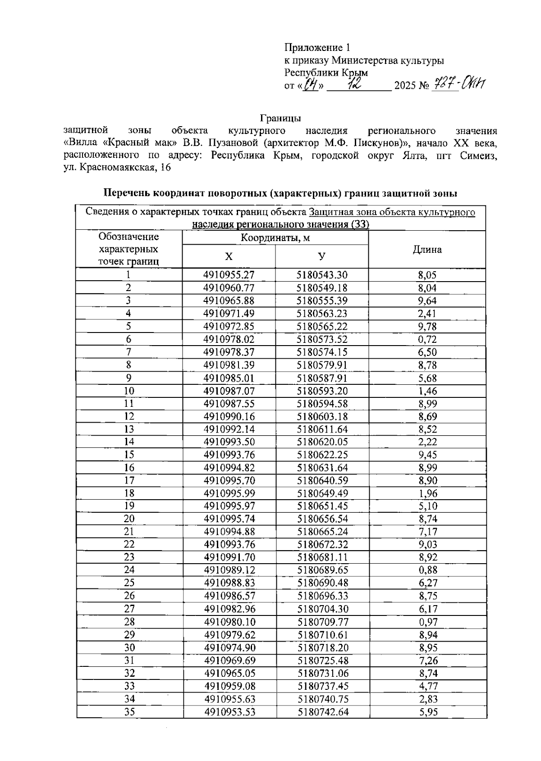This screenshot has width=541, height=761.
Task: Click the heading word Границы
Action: (x=280, y=118)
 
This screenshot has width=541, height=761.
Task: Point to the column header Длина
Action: (x=427, y=250)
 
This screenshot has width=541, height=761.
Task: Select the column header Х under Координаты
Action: (x=229, y=257)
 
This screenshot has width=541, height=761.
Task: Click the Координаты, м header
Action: (x=275, y=238)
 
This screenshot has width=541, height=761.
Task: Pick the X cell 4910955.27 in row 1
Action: (x=229, y=275)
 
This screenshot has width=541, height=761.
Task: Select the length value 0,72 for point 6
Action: (x=427, y=340)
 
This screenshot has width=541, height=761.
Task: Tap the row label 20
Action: (x=129, y=519)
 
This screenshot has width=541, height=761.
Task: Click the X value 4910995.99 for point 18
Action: (x=229, y=493)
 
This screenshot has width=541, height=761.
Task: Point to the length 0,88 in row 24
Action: (x=427, y=570)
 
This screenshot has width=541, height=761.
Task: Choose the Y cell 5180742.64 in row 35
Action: (x=323, y=712)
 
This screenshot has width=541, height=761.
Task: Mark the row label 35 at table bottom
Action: (x=129, y=712)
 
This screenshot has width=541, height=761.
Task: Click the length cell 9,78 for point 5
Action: (x=427, y=327)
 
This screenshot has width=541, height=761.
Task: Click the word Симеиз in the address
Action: (x=479, y=156)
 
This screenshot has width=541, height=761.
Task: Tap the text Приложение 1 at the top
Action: (x=317, y=48)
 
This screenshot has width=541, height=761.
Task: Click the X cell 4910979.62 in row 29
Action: (x=229, y=635)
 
